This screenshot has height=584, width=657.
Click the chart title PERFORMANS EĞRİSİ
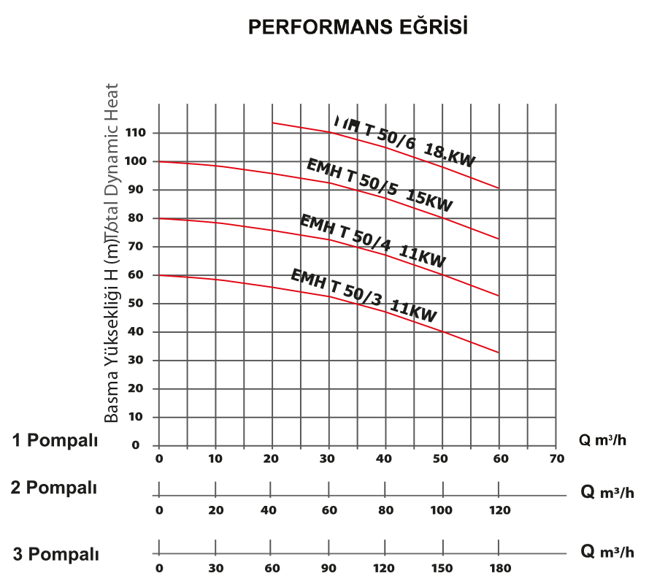[358, 27]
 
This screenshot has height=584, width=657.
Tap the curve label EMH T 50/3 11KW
[364, 296]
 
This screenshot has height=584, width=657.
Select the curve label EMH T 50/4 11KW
[373, 241]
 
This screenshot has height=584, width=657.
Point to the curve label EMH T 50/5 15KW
[380, 186]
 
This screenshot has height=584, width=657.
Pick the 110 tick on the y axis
[136, 133]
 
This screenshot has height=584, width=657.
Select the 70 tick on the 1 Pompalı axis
[556, 459]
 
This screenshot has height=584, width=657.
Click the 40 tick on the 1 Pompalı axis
[385, 459]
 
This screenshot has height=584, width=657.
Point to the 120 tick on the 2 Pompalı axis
[499, 510]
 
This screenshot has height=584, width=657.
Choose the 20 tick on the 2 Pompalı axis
[216, 510]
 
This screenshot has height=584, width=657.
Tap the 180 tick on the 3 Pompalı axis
[499, 569]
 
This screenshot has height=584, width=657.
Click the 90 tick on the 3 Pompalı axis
[329, 569]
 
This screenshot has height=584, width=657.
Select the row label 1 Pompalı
[55, 440]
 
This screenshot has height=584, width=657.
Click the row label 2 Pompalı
[54, 488]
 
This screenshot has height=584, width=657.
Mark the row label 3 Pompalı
[55, 554]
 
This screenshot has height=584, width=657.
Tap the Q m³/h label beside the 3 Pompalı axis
[607, 551]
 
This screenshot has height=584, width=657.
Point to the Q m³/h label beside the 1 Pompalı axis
[602, 440]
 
